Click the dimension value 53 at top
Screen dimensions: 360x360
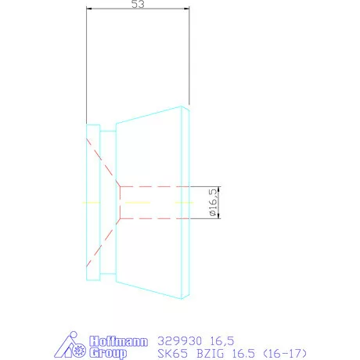[x=137, y=5]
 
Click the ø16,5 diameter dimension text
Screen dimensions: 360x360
[x=212, y=202]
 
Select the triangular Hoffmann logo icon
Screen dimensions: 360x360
[x=75, y=347]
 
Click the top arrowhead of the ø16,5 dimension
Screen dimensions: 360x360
[x=219, y=189]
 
